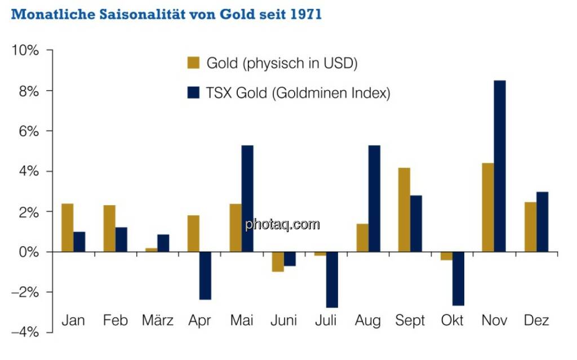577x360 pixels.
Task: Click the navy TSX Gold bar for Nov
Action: tap(500, 166)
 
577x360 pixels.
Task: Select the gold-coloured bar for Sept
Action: tap(404, 210)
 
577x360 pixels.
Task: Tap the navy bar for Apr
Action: tap(205, 275)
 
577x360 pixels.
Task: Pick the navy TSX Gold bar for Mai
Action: tap(247, 198)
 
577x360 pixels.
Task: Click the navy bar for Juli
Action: tap(331, 279)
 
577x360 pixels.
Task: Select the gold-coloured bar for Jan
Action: tap(67, 228)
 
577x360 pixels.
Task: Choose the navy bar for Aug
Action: tap(374, 198)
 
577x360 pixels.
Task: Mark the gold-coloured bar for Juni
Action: tap(277, 261)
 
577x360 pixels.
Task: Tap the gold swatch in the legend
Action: tap(193, 63)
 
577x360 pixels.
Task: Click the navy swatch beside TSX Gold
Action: tap(193, 93)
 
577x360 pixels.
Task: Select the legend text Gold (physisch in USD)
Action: tap(282, 63)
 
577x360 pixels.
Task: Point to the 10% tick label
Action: tap(26, 51)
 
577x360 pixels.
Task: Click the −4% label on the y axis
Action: tap(26, 332)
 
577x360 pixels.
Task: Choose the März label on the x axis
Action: tap(158, 321)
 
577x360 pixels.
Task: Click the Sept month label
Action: tap(410, 321)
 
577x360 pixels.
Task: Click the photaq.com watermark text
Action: tap(282, 225)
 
